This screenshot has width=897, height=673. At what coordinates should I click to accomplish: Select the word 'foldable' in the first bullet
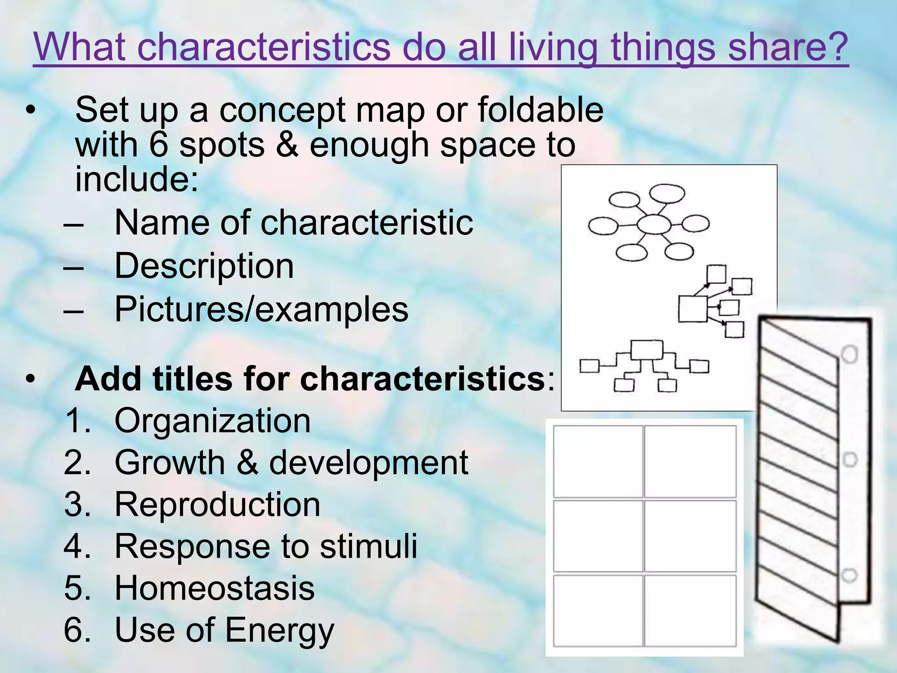coord(540,110)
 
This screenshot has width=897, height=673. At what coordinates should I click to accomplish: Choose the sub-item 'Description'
coord(204,266)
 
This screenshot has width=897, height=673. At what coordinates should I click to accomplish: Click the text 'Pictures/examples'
coord(261,309)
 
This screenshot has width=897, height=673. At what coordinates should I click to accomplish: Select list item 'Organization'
coord(212,421)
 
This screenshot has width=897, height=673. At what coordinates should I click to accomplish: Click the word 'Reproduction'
coord(217,504)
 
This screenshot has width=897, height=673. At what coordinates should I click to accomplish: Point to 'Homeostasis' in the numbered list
coord(215,588)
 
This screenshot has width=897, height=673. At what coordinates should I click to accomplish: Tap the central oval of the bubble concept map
coord(653,225)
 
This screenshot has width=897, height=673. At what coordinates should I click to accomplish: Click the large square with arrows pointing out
coord(692,309)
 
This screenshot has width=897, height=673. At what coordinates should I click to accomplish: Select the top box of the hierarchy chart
coord(646,350)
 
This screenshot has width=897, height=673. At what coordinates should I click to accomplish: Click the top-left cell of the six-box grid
coord(598,461)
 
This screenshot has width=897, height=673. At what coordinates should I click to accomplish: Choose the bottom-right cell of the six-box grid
coord(690,610)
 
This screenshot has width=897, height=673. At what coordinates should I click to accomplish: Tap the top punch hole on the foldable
coord(850,354)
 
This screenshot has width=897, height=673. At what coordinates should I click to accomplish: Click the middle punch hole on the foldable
coord(850,460)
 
